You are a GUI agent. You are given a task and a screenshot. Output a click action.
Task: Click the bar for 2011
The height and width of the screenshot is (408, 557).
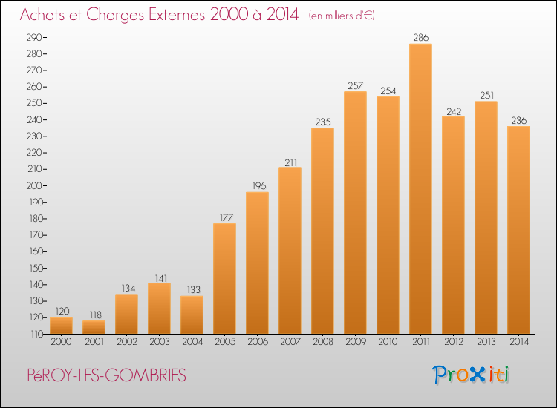420,189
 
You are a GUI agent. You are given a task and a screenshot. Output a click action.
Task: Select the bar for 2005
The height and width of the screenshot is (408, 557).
224,279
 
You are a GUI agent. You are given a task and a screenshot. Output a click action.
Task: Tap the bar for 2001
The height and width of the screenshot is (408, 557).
94,327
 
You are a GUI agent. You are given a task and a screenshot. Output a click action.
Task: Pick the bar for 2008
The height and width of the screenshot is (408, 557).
322,231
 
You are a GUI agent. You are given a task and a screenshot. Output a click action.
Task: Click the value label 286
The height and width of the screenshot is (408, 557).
420,37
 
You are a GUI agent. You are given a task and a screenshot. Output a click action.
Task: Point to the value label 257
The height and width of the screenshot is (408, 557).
355,85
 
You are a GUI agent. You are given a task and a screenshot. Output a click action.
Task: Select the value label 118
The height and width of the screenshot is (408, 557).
94,315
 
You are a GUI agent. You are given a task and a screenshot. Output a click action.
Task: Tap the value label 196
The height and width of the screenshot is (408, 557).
257,186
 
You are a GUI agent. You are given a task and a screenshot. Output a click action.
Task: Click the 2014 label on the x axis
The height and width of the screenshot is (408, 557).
518,342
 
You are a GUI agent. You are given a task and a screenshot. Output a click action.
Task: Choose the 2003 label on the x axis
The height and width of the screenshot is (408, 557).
159,342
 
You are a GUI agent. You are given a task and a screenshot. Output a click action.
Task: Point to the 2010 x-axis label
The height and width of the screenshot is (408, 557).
388,342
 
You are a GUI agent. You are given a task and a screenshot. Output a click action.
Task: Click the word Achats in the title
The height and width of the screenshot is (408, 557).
47,15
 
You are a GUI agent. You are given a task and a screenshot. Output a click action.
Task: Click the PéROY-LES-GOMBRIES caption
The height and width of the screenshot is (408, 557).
104,375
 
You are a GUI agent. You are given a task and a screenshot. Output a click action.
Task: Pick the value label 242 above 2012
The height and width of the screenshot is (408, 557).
453,110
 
